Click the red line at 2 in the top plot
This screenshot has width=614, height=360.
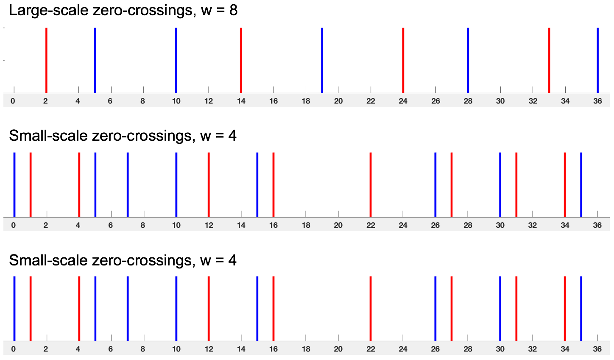tap(46, 60)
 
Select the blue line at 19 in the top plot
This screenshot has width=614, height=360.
tap(322, 60)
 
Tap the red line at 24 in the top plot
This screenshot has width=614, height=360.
tap(403, 60)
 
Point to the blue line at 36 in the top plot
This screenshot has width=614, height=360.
tap(598, 60)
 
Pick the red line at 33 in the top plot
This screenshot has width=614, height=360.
tap(549, 60)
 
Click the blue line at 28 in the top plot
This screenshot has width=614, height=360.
tap(468, 60)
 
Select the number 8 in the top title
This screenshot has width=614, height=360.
tap(233, 11)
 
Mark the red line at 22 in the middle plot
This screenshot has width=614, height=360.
tap(371, 185)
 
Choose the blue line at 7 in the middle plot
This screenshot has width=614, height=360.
tap(128, 185)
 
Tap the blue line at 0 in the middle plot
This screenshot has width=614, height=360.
tap(14, 185)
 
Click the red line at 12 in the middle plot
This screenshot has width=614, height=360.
tap(209, 185)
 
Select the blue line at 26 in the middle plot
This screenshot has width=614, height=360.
tap(435, 185)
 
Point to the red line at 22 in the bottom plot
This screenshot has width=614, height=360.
tap(371, 309)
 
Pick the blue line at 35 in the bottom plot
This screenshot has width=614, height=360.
tap(581, 309)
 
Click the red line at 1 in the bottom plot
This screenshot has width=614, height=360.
tap(31, 309)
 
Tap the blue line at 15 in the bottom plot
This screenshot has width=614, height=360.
tap(257, 309)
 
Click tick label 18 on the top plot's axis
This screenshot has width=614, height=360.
tap(306, 101)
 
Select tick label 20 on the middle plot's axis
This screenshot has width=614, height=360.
tap(338, 225)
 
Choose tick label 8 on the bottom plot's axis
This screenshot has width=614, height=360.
tap(143, 349)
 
